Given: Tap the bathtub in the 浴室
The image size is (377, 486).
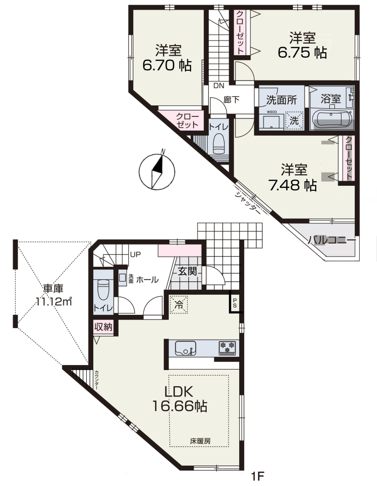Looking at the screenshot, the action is [332, 119].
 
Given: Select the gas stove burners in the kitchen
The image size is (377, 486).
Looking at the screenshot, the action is [227, 347].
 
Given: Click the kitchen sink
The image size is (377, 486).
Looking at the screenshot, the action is [185, 348].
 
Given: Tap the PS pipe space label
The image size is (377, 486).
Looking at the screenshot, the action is [235, 302].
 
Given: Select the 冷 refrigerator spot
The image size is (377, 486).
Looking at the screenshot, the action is [179, 304].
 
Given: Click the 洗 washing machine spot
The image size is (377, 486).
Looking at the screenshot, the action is [293, 120].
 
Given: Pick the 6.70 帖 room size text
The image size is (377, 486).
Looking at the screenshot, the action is [167, 65].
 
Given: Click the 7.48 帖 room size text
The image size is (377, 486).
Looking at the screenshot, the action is [292, 185].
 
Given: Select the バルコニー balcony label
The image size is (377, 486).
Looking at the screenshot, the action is [332, 240].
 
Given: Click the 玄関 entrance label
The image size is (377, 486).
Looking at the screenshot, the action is [187, 271].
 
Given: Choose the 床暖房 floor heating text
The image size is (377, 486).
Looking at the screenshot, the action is [201, 441].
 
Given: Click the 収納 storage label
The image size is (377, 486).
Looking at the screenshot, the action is [103, 327].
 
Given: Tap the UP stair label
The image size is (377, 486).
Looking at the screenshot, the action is [135, 255].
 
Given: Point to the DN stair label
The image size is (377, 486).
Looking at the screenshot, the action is [218, 86].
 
